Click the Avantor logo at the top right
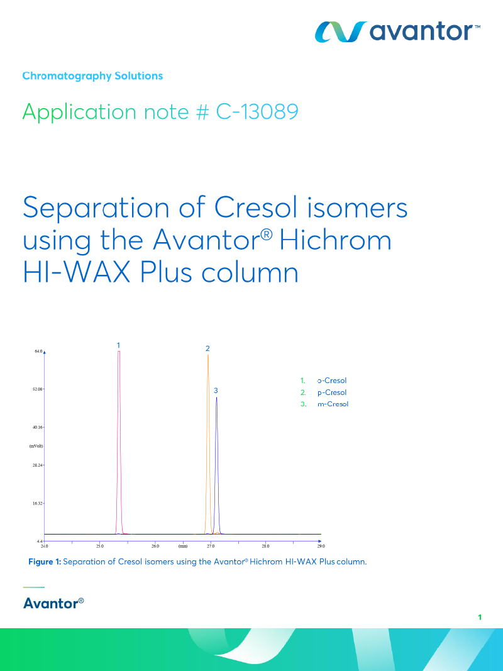(x=397, y=31)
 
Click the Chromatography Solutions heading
(x=92, y=76)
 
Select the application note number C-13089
(x=257, y=112)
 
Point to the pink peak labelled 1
(x=119, y=440)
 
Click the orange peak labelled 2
(x=208, y=440)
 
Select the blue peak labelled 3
(x=217, y=465)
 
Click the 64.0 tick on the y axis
(x=38, y=351)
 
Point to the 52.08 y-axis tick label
(x=37, y=389)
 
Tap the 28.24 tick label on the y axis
(x=37, y=465)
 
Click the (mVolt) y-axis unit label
(x=36, y=446)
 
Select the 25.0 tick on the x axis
(x=99, y=546)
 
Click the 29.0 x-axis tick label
(x=320, y=546)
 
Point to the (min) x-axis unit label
(x=183, y=546)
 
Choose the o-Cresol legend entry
(x=332, y=380)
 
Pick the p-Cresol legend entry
(x=332, y=392)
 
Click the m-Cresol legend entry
(x=333, y=404)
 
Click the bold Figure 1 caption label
(x=45, y=562)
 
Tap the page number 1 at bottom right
(x=480, y=618)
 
